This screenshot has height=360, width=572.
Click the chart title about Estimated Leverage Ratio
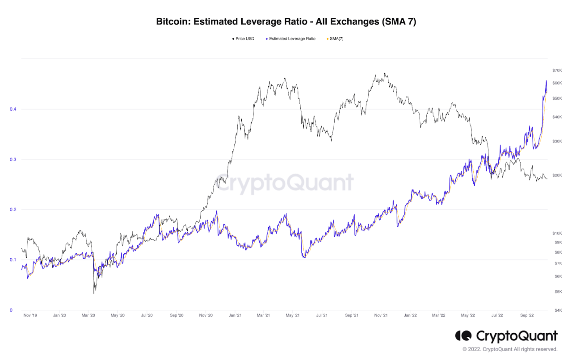coord(286,21)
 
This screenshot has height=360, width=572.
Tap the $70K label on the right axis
coord(557,71)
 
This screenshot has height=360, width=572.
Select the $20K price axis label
coord(557,175)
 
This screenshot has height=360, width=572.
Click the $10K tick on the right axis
coord(557,233)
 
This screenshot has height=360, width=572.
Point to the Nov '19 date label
coord(30,315)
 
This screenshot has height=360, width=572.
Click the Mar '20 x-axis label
coord(88,315)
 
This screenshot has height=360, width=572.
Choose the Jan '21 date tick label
coord(235,315)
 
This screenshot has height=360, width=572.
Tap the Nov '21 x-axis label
coord(381,315)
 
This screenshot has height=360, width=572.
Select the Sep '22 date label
coord(527,315)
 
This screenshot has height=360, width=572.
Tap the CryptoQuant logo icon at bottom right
coord(463,335)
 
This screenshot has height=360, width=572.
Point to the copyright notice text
coord(510,349)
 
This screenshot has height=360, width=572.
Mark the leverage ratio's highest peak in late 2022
coord(546,81)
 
